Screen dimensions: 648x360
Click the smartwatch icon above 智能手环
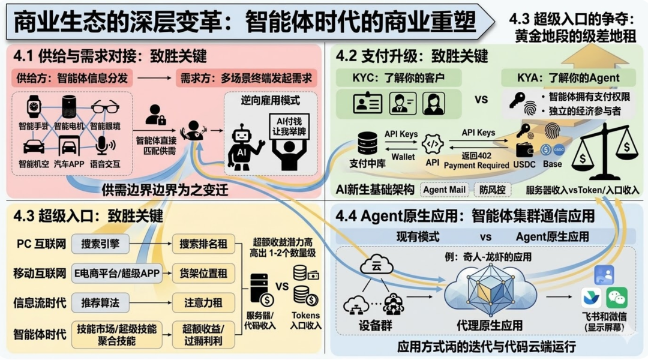pos(32,107)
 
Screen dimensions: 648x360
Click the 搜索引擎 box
pos(100,244)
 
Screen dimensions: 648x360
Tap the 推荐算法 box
pos(100,302)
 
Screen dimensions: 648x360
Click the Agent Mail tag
pos(444,190)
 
